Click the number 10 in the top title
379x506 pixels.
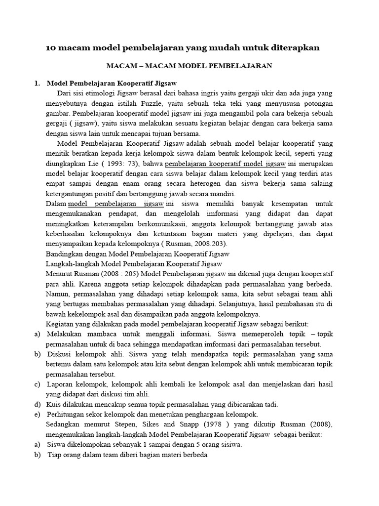pos(51,47)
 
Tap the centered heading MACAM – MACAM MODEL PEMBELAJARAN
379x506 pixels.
pos(190,65)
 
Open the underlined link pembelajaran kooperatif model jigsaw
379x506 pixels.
pos(225,163)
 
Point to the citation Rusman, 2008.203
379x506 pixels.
pos(202,244)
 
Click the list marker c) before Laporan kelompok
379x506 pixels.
pos(37,384)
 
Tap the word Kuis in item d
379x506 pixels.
pos(55,404)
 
